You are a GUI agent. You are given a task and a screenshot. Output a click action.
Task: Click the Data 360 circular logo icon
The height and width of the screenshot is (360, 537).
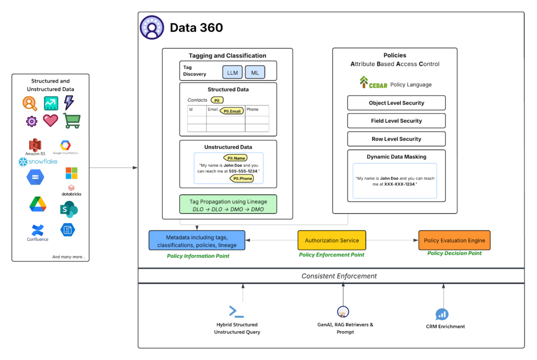tap(152, 28)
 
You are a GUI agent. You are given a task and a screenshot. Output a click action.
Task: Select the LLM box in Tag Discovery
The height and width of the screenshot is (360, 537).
tap(232, 73)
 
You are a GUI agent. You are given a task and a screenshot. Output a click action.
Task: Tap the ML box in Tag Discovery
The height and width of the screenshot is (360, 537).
tap(255, 73)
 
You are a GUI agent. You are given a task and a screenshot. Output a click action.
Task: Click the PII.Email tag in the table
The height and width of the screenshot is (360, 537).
tap(231, 111)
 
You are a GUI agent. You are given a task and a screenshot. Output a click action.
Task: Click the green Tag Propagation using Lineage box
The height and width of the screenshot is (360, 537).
tap(228, 205)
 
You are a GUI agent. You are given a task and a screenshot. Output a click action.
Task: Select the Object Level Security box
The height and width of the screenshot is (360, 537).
tap(396, 103)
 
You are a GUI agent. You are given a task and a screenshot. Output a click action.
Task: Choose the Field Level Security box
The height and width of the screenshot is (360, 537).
tap(396, 121)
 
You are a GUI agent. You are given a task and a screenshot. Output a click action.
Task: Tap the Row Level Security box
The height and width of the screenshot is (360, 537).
tap(396, 139)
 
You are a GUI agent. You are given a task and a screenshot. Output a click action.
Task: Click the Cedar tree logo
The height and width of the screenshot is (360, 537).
tap(364, 83)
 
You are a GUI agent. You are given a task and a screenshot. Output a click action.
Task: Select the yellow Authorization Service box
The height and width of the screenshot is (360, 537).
tap(331, 241)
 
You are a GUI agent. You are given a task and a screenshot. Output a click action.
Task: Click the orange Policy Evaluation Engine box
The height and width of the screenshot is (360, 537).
tap(454, 241)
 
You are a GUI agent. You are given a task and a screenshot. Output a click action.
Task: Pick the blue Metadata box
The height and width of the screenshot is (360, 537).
tap(196, 241)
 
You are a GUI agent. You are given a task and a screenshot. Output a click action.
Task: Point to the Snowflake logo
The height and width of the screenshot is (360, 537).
tap(38, 161)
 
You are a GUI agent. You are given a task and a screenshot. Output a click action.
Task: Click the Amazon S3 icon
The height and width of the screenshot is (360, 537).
tap(35, 145)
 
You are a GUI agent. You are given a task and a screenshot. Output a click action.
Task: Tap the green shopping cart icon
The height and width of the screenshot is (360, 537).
tap(71, 121)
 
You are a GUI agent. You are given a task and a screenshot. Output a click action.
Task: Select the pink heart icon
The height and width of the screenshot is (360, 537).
tap(50, 121)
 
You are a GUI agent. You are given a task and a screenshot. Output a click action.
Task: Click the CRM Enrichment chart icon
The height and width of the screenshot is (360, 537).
tap(442, 314)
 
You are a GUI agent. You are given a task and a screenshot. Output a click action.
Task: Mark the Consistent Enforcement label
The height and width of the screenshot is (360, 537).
tap(339, 276)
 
